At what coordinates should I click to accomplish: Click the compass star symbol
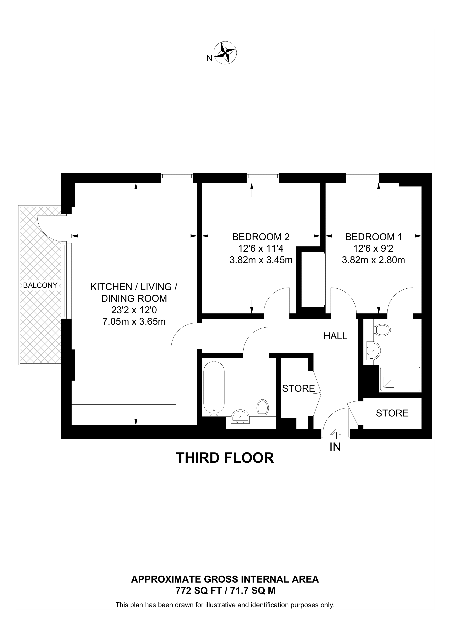(225, 53)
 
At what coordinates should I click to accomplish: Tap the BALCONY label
(40, 285)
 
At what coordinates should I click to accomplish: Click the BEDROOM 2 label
(261, 237)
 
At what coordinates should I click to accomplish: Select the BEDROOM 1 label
(374, 237)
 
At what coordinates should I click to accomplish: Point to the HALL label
(335, 336)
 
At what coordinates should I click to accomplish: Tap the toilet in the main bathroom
(263, 408)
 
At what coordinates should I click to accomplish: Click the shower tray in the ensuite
(400, 379)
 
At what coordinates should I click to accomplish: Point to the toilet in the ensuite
(382, 330)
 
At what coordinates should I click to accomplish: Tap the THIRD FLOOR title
(225, 458)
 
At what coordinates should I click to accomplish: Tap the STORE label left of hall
(298, 388)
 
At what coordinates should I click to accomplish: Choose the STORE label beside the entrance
(392, 413)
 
